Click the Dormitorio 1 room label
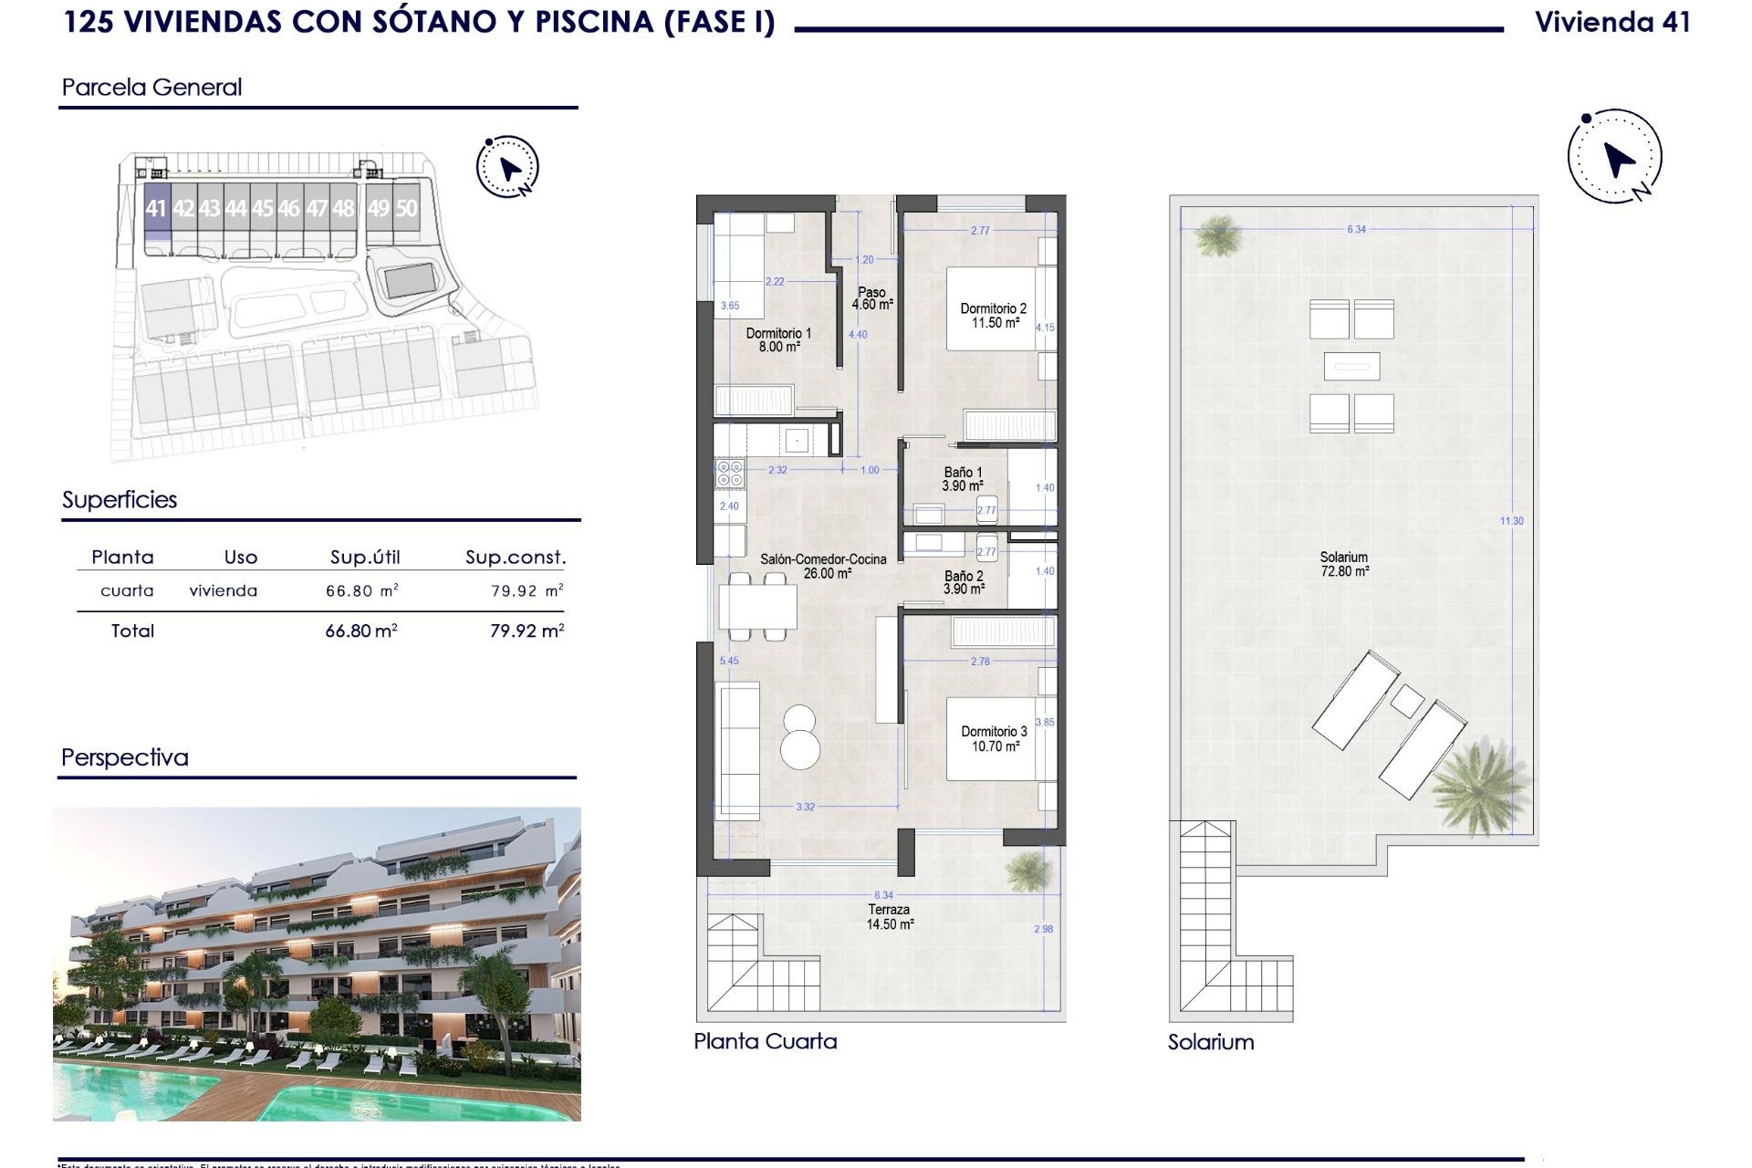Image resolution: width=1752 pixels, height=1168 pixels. coord(778,340)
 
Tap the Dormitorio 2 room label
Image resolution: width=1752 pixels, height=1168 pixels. coord(994,316)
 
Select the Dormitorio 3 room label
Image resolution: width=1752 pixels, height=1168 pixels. coord(994,738)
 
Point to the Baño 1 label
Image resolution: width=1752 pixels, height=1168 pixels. coord(963,479)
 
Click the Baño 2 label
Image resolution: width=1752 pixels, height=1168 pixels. coord(964,582)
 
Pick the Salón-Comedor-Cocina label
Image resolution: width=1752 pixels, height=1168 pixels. coord(823,566)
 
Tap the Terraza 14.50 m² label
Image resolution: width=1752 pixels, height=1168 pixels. coord(889,916)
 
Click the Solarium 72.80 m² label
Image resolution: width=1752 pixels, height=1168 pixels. coord(1344,564)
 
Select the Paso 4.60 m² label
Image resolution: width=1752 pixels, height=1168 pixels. coord(871,298)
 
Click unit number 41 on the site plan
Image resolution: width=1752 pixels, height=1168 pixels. coord(156,209)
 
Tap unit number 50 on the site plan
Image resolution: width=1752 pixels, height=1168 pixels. coord(405,209)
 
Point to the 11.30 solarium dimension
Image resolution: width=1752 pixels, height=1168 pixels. coord(1511,521)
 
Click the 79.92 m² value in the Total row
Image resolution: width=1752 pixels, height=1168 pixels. coord(527,631)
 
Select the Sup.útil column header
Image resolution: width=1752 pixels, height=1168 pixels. coord(365,557)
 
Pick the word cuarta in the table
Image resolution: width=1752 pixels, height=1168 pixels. coord(127,590)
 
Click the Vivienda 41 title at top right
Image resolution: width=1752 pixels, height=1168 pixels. coord(1612,23)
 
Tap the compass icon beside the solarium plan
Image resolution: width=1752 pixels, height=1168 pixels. coord(1615,157)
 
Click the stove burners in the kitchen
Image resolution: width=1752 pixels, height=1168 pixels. coord(730,474)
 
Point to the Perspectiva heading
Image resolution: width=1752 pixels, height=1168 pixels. coord(125,757)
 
